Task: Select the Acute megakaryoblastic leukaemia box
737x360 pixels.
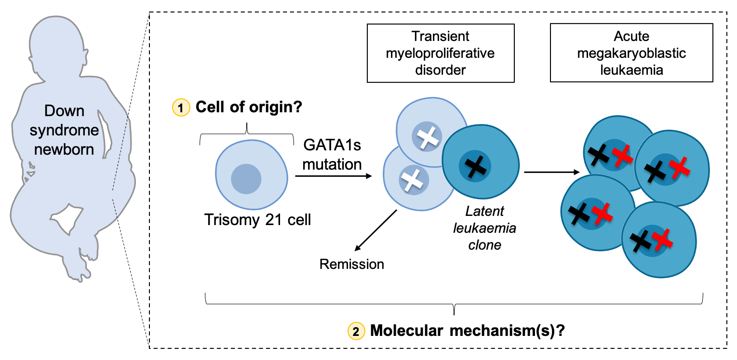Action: pos(631,53)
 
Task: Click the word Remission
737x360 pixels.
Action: pos(352,264)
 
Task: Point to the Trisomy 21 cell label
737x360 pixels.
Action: pos(258,220)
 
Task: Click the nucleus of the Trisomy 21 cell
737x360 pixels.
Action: pos(246,179)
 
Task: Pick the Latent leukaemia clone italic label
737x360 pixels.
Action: pos(484,228)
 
